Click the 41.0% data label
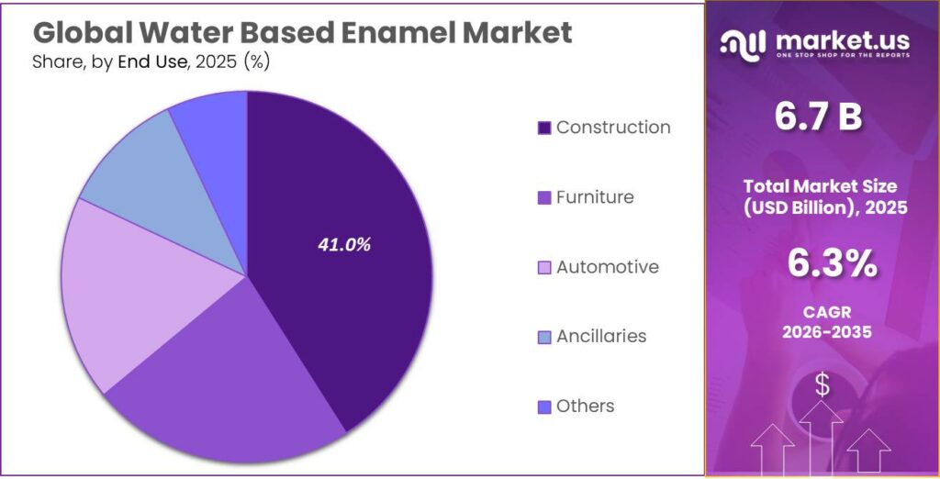(344, 245)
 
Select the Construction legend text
(613, 128)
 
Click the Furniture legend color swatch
(543, 198)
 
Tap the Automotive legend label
(607, 267)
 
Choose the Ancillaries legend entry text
(600, 337)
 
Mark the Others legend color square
(543, 407)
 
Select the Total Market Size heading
(824, 186)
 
